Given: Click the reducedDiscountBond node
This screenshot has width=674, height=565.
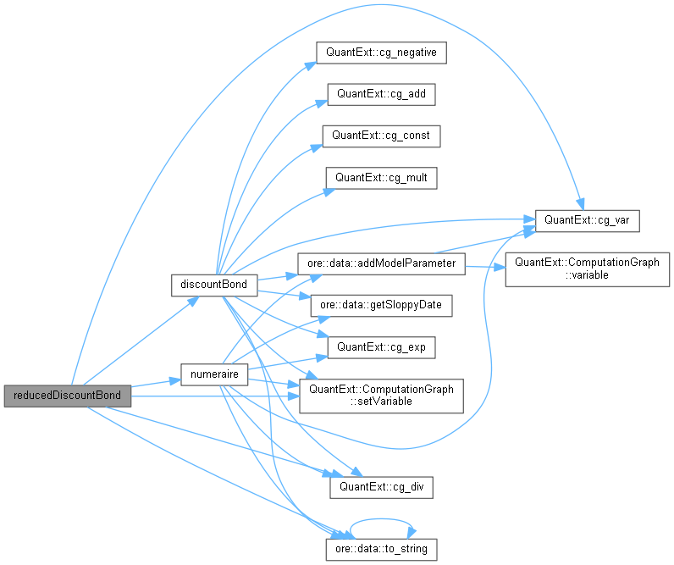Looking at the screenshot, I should (x=68, y=396).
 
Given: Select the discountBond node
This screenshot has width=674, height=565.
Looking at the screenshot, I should (x=214, y=284).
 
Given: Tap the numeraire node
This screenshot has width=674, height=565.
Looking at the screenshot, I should (x=214, y=373).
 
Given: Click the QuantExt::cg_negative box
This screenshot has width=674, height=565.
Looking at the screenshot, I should (x=381, y=52).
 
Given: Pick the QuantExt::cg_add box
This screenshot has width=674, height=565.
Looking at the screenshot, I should (x=381, y=93).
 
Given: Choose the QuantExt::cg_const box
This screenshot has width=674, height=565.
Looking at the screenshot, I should (x=381, y=135).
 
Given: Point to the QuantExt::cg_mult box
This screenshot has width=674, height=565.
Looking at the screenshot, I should (x=381, y=177).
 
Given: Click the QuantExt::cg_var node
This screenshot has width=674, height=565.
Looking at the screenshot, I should (x=586, y=220).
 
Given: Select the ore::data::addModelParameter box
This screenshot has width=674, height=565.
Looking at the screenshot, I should (x=381, y=263).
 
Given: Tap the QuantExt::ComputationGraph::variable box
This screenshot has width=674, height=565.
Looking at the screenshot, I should (x=587, y=269).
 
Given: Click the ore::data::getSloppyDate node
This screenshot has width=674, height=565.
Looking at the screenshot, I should (x=381, y=304).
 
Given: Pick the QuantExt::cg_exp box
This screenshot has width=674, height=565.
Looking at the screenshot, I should (x=381, y=346).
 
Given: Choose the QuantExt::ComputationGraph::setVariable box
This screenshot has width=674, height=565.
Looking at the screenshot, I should (x=381, y=395).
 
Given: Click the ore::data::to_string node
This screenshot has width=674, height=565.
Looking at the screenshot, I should (x=381, y=549).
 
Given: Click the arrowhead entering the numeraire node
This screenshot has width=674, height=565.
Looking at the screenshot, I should (x=176, y=378).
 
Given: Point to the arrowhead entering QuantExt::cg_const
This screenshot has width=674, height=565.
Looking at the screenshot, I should (x=318, y=147).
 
